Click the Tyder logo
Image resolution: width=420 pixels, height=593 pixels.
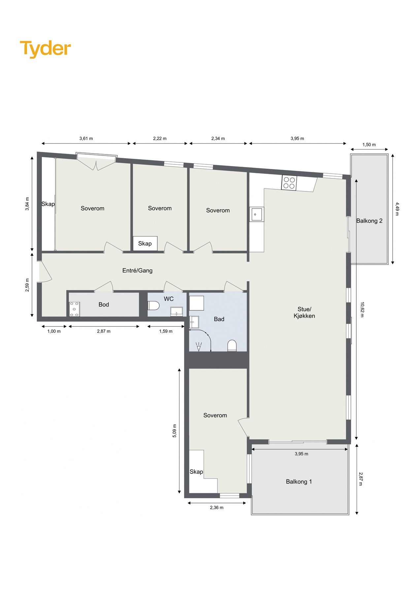[x=45, y=49]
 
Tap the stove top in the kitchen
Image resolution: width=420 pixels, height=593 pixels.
[x=289, y=183]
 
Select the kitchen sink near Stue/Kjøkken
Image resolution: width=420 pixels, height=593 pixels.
[x=256, y=214]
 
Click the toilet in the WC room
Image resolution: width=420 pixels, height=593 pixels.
[x=153, y=306]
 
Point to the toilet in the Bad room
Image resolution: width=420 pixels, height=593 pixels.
[x=232, y=346]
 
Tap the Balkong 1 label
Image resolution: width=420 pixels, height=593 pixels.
[x=299, y=482]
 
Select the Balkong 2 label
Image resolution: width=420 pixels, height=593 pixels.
[x=369, y=221]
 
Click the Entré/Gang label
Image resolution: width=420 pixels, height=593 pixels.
[x=137, y=270]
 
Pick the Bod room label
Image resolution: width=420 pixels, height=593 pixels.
[x=104, y=304]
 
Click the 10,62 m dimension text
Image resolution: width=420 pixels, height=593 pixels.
[x=362, y=309]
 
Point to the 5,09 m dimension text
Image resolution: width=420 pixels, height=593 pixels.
[x=175, y=431]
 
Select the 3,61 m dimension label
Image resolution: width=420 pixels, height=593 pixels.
[x=86, y=138]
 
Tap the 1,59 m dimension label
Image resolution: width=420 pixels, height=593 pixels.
[x=166, y=331]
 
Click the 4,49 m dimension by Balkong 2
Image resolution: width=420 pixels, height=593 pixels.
[x=397, y=209]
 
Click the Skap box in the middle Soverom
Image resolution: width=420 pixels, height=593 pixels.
[x=145, y=243]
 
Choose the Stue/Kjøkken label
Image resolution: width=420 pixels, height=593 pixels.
[x=304, y=312]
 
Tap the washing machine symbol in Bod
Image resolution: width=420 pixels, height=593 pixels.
[x=74, y=309]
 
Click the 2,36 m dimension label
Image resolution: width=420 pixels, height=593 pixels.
[x=216, y=508]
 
